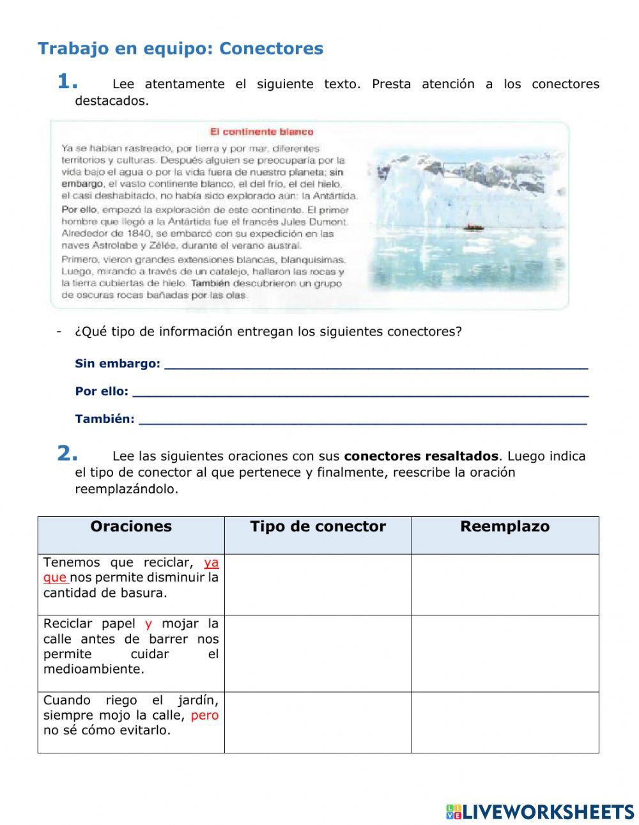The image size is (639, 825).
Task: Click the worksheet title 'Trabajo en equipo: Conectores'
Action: (x=180, y=49)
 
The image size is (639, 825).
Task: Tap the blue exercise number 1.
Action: (x=67, y=82)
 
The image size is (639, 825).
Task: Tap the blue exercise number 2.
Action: (x=67, y=454)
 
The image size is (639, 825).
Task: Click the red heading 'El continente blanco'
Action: (x=261, y=132)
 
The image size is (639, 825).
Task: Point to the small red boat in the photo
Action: (x=472, y=227)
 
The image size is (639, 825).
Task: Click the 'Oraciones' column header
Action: (x=131, y=527)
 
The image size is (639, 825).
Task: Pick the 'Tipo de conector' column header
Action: (x=318, y=527)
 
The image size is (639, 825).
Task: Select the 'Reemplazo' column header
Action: (x=505, y=527)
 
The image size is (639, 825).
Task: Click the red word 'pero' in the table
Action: (x=204, y=716)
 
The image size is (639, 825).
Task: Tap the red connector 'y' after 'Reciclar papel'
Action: (x=148, y=624)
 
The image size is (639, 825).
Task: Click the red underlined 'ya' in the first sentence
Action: (x=211, y=563)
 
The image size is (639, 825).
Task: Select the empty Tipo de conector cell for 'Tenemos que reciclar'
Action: (x=318, y=584)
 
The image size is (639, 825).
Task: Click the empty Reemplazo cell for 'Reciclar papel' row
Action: (x=505, y=653)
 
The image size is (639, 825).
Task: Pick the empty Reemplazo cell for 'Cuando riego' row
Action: (x=505, y=722)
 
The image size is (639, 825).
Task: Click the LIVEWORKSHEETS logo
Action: (x=540, y=812)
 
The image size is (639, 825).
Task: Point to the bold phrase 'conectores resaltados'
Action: (x=420, y=456)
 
